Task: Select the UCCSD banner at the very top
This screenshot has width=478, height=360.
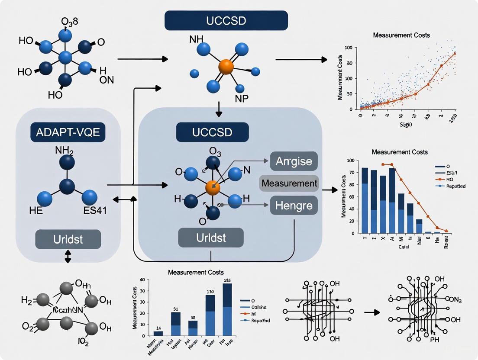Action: [226, 20]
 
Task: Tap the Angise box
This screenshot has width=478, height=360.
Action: [294, 161]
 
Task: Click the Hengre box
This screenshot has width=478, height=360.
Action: [294, 205]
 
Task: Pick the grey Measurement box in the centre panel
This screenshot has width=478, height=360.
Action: [289, 183]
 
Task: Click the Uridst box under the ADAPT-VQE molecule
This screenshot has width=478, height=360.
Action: [68, 239]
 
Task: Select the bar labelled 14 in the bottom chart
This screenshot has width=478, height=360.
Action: [158, 333]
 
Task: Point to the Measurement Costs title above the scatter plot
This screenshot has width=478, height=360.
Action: [401, 35]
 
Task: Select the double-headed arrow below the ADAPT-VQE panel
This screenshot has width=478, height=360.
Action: [68, 257]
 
